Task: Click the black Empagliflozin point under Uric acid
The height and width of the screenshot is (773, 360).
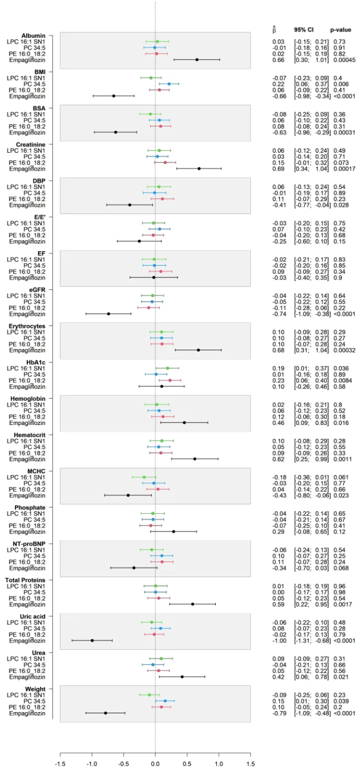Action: tap(92, 641)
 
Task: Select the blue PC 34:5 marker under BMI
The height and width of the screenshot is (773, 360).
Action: tap(169, 84)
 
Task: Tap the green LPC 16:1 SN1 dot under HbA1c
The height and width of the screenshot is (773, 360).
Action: tap(167, 368)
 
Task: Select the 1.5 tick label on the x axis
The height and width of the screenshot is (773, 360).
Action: tap(250, 765)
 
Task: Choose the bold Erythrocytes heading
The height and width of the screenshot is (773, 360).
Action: tap(41, 326)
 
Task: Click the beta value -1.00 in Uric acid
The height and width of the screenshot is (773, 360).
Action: tap(279, 641)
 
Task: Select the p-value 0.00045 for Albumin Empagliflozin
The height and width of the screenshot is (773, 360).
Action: tap(341, 60)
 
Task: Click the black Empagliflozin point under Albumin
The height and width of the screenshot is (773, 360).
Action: tap(197, 60)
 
